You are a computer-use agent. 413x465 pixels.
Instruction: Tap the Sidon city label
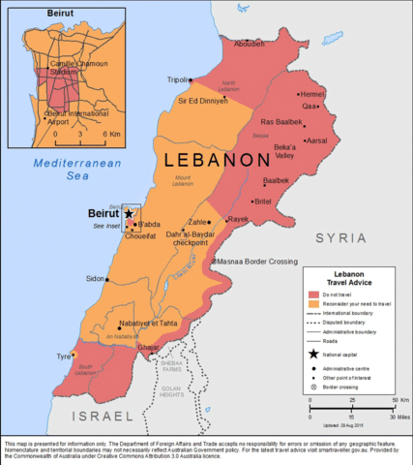[95, 278]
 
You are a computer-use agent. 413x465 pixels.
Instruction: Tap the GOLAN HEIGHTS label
[172, 391]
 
